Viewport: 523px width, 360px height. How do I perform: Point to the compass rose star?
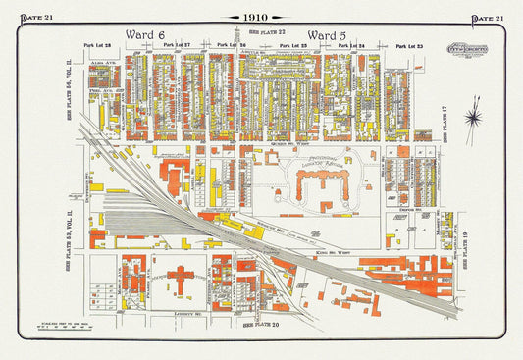point(474,117)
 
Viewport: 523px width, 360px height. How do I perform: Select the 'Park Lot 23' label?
point(408,45)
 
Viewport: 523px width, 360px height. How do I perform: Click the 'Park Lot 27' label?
point(177,45)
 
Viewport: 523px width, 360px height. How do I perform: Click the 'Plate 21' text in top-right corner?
point(488,18)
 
